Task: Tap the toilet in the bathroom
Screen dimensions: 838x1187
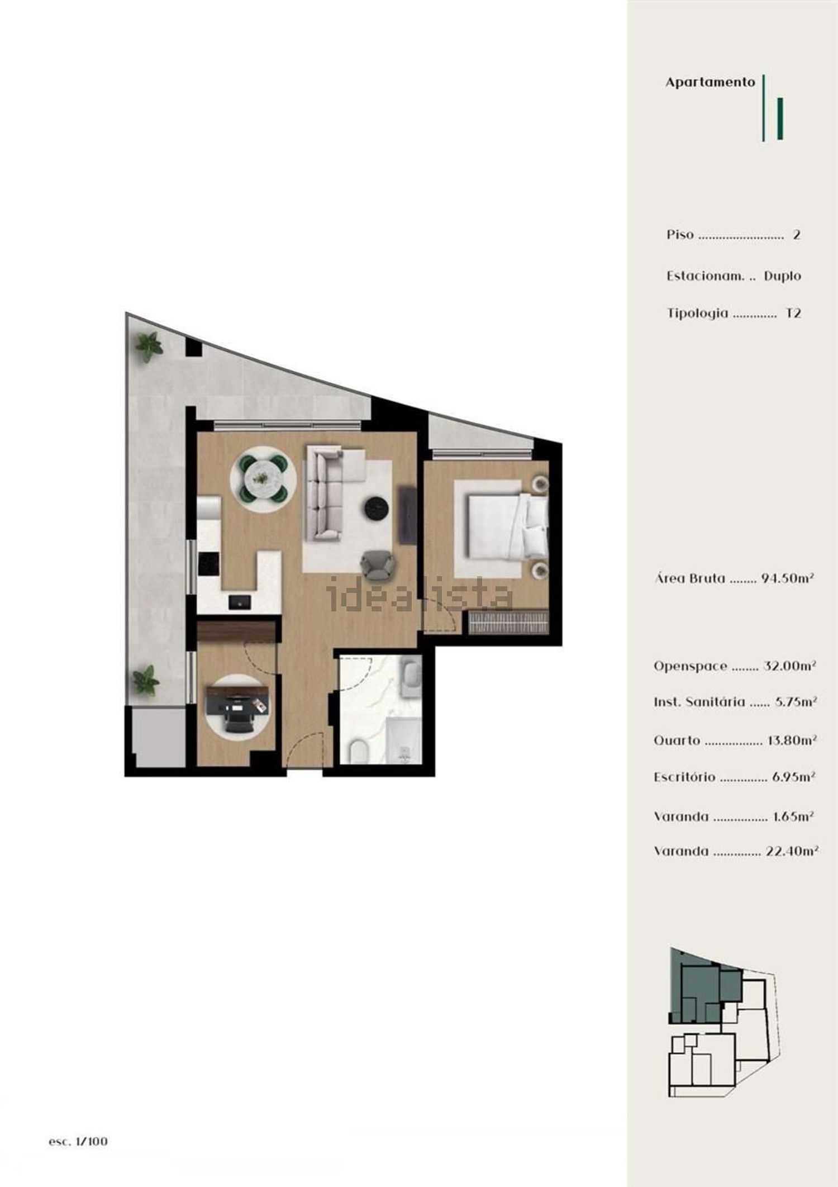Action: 356,752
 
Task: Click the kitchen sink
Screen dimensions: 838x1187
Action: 240,601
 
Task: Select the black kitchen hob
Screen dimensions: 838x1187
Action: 209,563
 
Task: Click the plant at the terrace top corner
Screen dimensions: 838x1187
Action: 149,346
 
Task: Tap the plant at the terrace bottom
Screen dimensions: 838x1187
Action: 146,680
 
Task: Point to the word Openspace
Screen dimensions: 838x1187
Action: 691,666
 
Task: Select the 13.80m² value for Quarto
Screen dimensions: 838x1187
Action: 792,740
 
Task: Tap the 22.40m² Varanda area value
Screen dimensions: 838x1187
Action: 792,851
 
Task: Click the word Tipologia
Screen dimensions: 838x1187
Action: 697,314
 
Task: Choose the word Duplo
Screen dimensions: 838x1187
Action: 782,276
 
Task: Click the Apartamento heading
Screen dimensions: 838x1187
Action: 710,83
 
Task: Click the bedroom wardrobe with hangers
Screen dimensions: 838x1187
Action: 508,622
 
